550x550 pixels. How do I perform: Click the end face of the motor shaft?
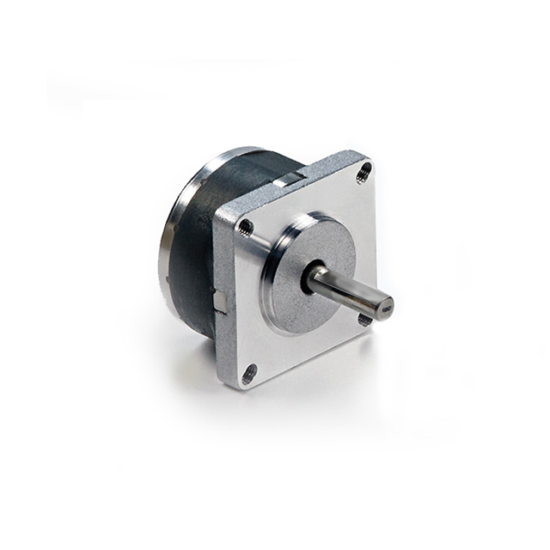[384, 303]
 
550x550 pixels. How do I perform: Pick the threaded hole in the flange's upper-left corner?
[246, 227]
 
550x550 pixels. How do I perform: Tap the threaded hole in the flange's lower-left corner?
[249, 373]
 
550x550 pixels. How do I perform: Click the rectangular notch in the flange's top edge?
[291, 178]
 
